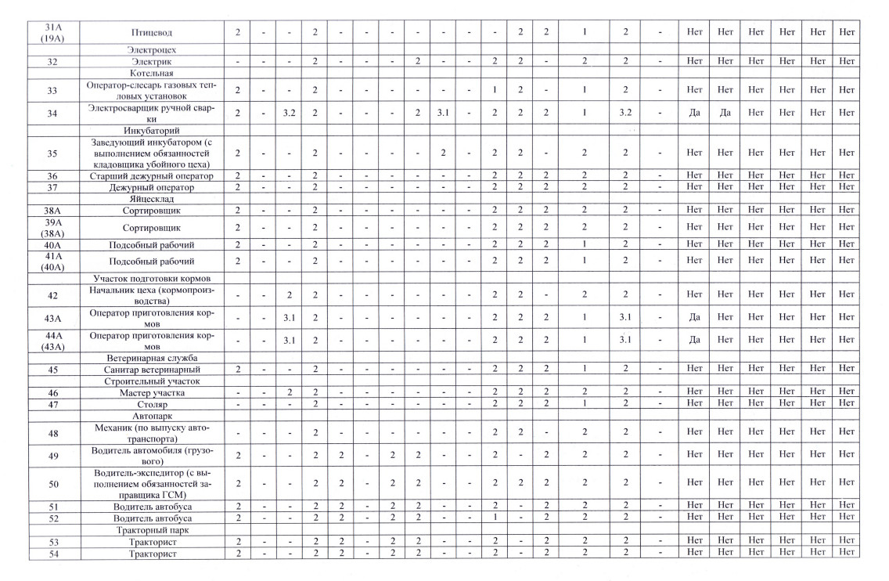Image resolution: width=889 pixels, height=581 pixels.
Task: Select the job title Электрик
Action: pyautogui.click(x=152, y=61)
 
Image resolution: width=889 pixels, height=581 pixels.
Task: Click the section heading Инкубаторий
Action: pyautogui.click(x=152, y=129)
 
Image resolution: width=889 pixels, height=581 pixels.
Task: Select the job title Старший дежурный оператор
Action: pyautogui.click(x=152, y=177)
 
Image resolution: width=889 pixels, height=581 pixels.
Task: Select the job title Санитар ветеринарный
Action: pyautogui.click(x=152, y=370)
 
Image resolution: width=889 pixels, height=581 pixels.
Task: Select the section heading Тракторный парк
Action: pyautogui.click(x=152, y=530)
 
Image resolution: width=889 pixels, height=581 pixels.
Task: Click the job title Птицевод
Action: pyautogui.click(x=152, y=33)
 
